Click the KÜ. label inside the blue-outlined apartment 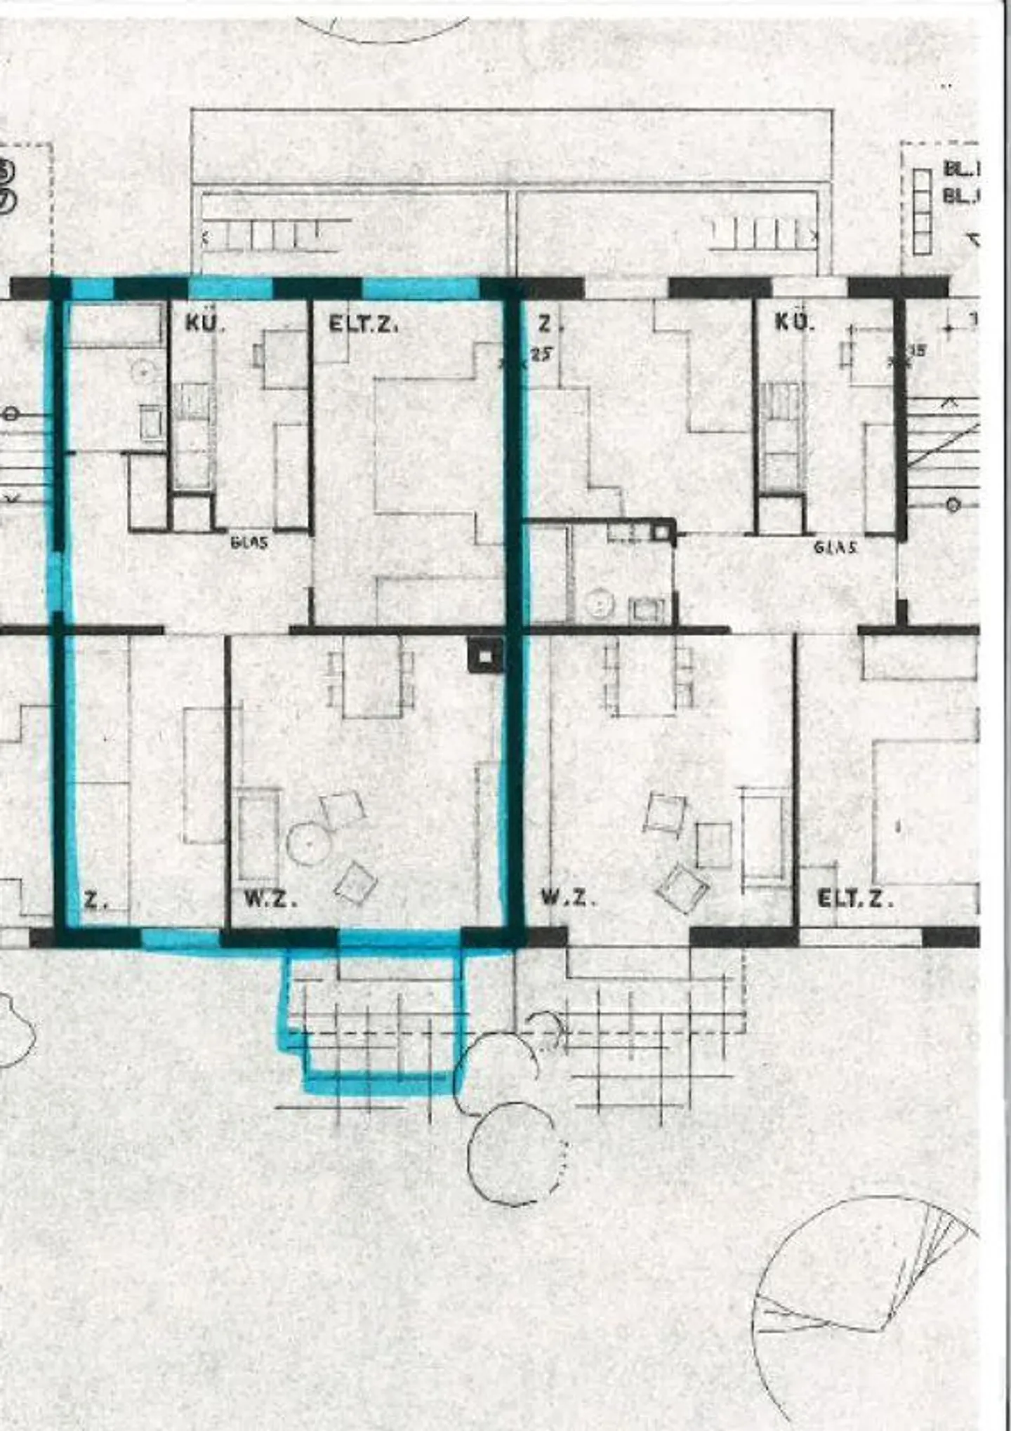coord(204,324)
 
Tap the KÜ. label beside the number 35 coord(794,322)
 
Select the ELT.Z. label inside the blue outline coord(363,325)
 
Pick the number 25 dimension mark coord(541,354)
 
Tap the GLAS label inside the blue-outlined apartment coord(249,542)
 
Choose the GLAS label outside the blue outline coord(835,547)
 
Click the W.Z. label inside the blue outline coord(270,899)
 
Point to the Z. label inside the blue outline coord(92,900)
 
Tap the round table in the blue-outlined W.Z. coord(308,844)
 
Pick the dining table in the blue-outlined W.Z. coord(371,677)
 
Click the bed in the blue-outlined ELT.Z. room coord(425,446)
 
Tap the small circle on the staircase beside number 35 coord(953,504)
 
